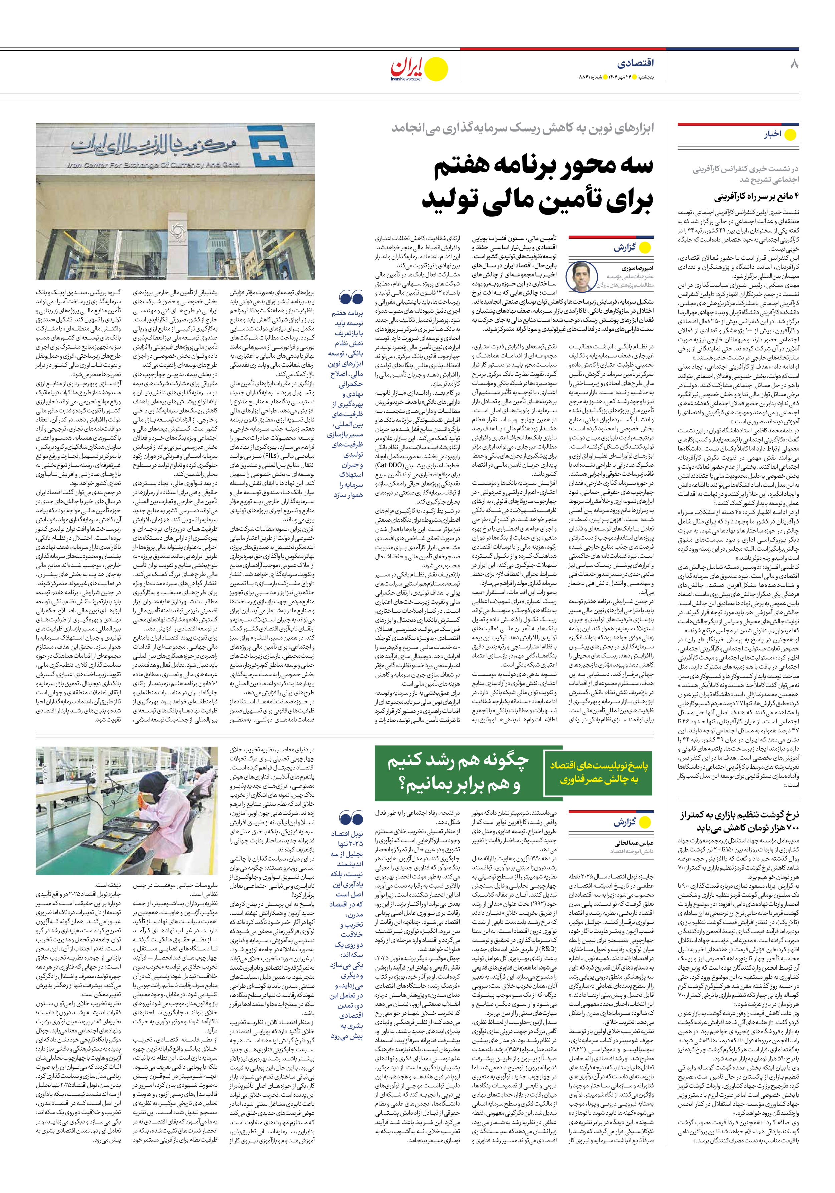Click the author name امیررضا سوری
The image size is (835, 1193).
click(620, 269)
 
